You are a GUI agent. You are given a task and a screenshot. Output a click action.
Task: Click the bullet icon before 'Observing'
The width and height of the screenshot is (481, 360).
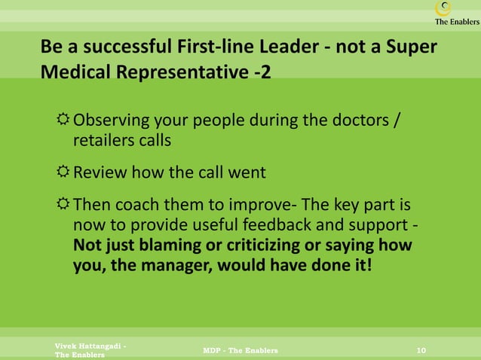tap(63, 121)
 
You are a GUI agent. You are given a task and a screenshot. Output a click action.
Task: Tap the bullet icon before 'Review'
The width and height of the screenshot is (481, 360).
tap(63, 172)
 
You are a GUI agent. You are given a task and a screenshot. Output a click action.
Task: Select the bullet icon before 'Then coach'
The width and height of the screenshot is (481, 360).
tap(63, 205)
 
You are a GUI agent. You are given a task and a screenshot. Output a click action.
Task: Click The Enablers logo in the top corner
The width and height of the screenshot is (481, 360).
tap(455, 13)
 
